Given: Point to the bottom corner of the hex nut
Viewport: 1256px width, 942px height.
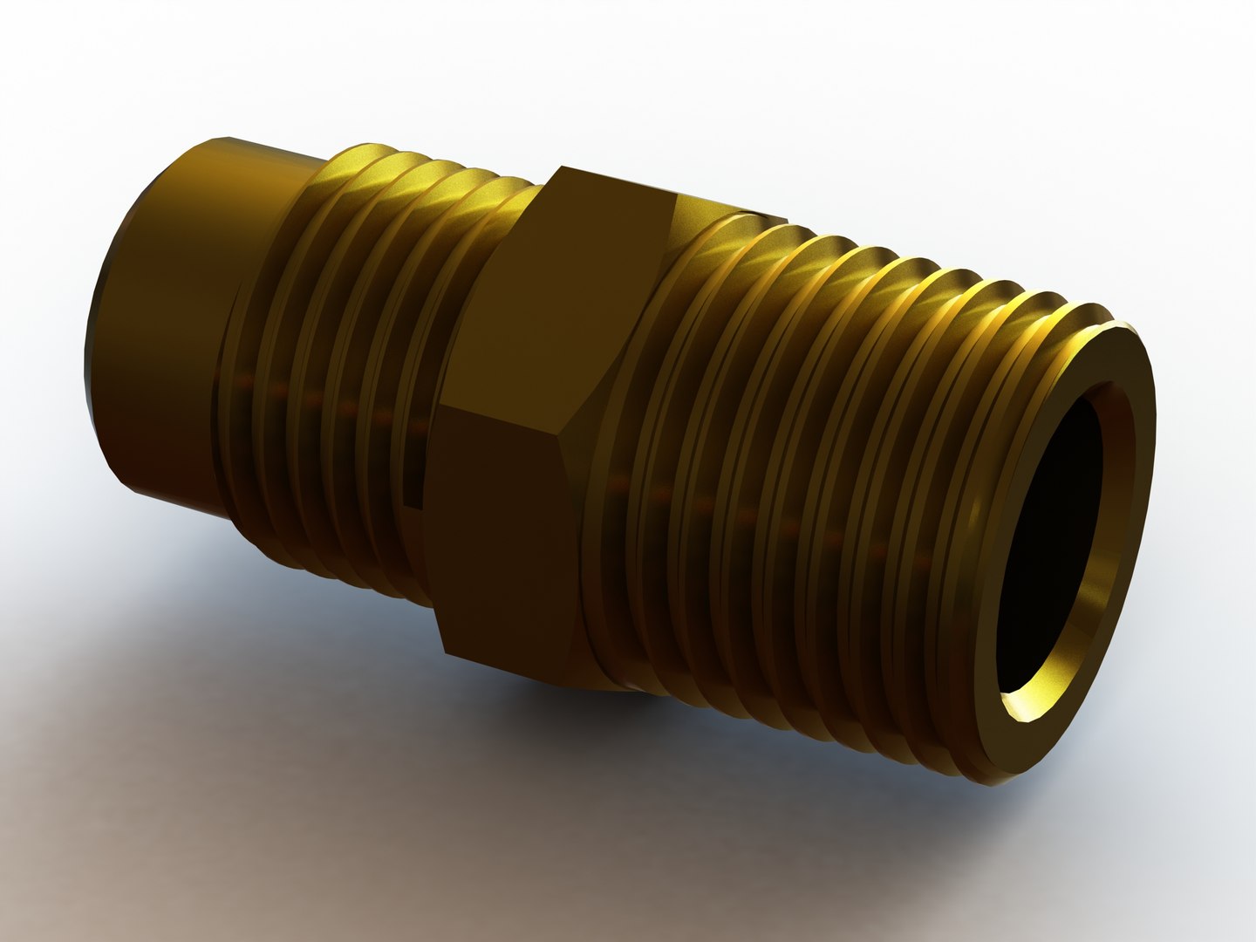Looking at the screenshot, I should [x=447, y=652].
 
